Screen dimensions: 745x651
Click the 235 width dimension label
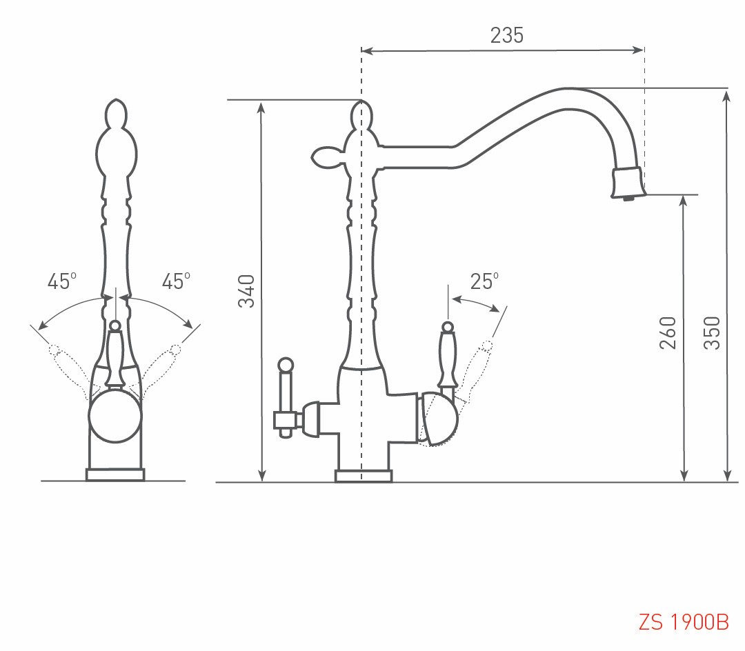pos(506,36)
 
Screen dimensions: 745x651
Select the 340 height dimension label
pos(246,291)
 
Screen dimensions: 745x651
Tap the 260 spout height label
pos(668,332)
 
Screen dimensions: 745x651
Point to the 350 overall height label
pos(712,332)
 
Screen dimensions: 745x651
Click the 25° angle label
pos(484,281)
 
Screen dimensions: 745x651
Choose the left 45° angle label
pos(62,281)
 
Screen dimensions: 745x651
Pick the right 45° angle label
pos(176,281)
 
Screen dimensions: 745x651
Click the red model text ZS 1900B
pos(683,621)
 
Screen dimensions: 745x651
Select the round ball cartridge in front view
pos(115,416)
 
